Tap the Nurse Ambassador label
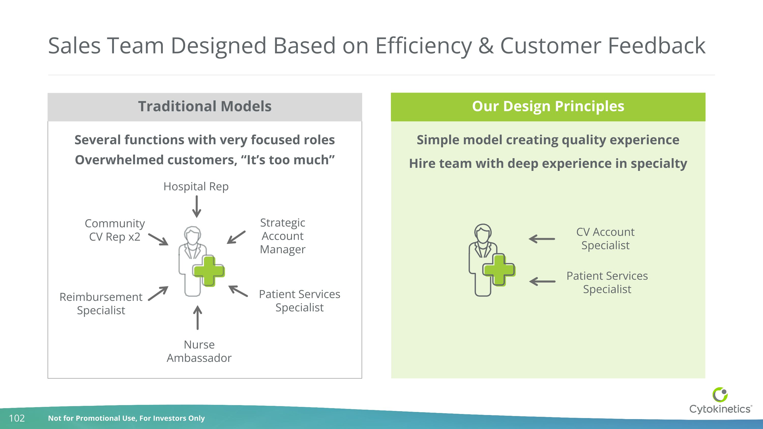point(199,351)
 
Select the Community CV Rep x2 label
point(115,230)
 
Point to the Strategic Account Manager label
point(283,236)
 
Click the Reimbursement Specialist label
point(101,303)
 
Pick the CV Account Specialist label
point(605,239)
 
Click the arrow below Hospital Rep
point(197,207)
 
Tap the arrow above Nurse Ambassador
point(198,318)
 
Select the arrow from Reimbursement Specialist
point(158,293)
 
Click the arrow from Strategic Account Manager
point(236,238)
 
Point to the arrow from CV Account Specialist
point(542,239)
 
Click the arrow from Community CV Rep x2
point(158,239)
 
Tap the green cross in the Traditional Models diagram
point(209,271)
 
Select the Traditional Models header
point(205,107)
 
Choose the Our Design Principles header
point(548,107)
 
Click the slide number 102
point(17,418)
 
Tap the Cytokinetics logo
point(720,400)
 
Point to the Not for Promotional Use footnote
point(126,418)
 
